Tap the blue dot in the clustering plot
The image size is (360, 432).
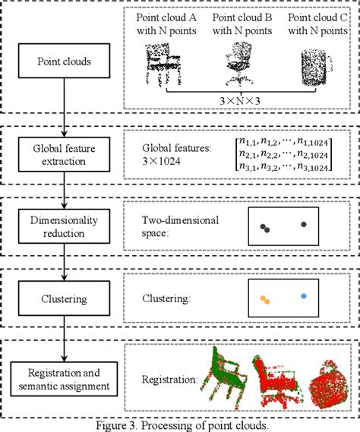pyautogui.click(x=304, y=296)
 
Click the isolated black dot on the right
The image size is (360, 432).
pyautogui.click(x=304, y=225)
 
